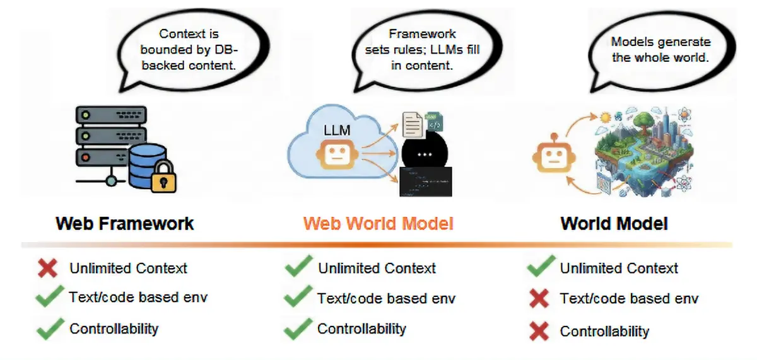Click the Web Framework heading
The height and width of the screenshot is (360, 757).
click(124, 223)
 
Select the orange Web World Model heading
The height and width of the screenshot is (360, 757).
click(378, 223)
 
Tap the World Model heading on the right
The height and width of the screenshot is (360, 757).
click(614, 223)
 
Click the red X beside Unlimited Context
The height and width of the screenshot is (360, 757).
click(48, 268)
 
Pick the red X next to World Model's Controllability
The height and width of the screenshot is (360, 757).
click(539, 330)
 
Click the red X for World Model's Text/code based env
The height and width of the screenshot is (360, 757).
click(539, 299)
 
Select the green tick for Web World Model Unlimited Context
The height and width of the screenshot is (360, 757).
click(299, 267)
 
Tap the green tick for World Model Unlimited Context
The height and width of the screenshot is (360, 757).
click(541, 267)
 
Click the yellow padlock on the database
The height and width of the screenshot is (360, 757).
click(164, 177)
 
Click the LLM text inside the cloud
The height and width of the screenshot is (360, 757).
click(337, 131)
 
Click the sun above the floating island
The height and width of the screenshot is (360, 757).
click(607, 117)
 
